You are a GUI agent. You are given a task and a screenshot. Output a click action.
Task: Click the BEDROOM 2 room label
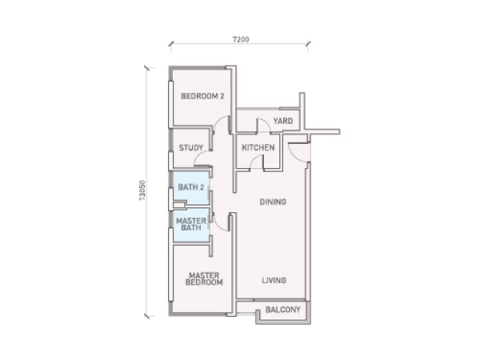(202, 96)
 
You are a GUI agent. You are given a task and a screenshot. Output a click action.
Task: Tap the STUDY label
(191, 148)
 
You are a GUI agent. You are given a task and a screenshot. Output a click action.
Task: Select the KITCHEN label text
(258, 148)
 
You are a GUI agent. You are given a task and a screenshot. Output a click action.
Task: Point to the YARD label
(283, 121)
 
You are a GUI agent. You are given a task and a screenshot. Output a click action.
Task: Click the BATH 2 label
(191, 187)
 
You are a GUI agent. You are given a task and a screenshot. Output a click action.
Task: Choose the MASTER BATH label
(191, 224)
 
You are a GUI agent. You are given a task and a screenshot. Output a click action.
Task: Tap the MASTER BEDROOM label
(204, 279)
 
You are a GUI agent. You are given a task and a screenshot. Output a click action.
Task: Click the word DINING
(273, 202)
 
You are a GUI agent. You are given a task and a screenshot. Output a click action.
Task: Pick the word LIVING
(274, 280)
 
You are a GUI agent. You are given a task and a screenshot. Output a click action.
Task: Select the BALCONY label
(283, 310)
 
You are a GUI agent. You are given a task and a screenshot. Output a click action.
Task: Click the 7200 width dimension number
(241, 39)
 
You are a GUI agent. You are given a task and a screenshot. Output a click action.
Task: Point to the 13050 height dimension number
(142, 190)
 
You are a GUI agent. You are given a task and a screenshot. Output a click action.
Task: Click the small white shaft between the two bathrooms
(179, 205)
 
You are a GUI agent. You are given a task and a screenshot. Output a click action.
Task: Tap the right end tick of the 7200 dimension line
(308, 43)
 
